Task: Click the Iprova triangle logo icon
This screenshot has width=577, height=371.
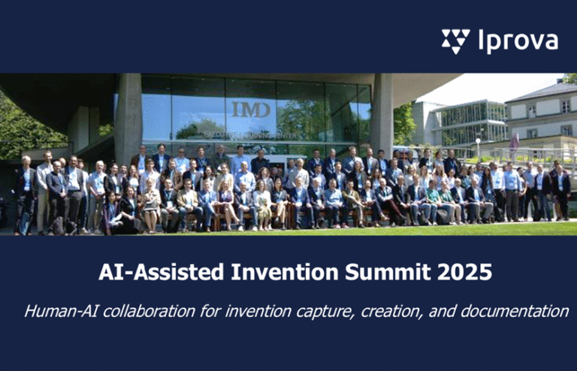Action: [455, 41]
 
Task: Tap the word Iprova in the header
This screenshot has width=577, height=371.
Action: [518, 41]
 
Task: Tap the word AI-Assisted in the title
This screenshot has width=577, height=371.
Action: [153, 272]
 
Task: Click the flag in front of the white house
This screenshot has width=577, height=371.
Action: [515, 140]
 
